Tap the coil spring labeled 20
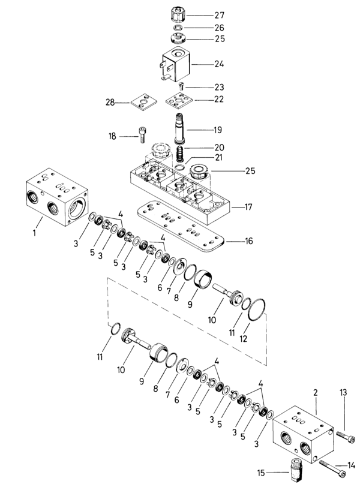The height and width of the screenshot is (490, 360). point(179,154)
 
